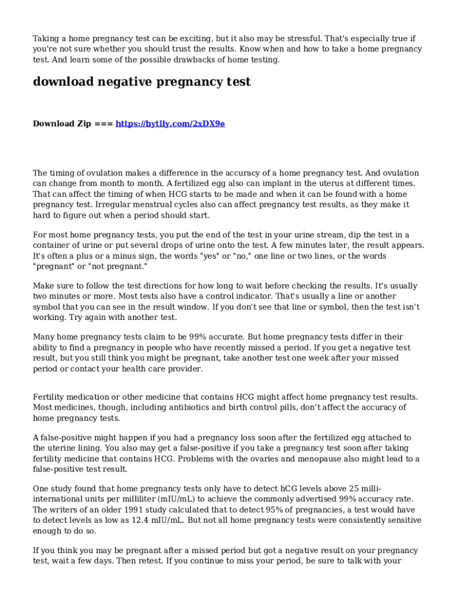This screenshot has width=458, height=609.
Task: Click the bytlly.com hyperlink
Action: (x=170, y=124)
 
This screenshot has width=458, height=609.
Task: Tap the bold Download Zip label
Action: (x=62, y=124)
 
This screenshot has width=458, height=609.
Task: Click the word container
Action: (x=54, y=246)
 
